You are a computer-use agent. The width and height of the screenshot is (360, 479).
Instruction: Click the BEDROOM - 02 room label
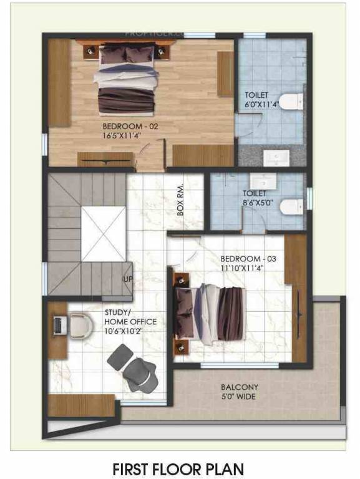pos(131,125)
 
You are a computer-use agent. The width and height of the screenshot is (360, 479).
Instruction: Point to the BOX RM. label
pos(181,203)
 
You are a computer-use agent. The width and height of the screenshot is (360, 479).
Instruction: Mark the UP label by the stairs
pos(128,278)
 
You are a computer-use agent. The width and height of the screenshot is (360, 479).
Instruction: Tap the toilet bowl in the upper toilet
pos(291,101)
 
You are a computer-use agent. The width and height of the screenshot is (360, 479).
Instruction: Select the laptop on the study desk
pos(59,325)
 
